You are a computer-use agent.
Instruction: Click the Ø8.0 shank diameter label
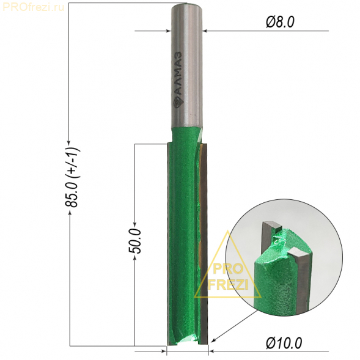280,23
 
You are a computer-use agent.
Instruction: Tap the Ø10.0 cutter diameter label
284,343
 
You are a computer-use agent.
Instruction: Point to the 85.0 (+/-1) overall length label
73,177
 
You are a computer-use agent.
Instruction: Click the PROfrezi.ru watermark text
33,7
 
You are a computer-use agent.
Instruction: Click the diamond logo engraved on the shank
178,103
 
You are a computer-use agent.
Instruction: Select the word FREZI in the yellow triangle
228,285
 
